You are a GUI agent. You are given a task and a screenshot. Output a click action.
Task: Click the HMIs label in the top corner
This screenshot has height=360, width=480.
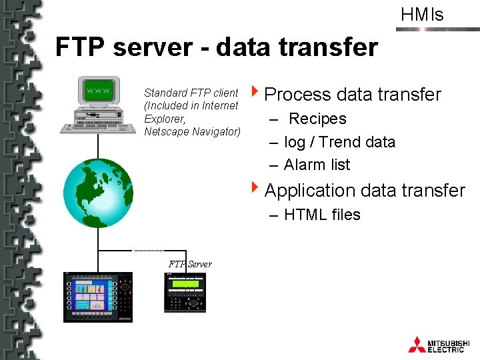click(422, 15)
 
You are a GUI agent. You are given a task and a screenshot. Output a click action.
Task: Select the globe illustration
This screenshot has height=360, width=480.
click(97, 193)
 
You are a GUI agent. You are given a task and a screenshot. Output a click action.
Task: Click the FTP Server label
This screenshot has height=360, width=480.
click(190, 264)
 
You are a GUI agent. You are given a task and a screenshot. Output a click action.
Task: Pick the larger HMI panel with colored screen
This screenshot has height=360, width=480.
click(97, 297)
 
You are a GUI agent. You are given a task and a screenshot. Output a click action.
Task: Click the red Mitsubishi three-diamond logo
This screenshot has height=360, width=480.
click(417, 344)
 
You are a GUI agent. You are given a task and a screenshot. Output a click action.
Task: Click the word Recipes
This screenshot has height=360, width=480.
click(317, 119)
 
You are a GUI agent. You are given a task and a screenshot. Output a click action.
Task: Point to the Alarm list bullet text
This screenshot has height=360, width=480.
click(317, 165)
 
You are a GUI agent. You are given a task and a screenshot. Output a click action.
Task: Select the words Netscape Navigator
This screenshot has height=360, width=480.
click(192, 131)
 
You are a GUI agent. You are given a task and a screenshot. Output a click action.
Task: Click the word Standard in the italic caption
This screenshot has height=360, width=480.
click(165, 93)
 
